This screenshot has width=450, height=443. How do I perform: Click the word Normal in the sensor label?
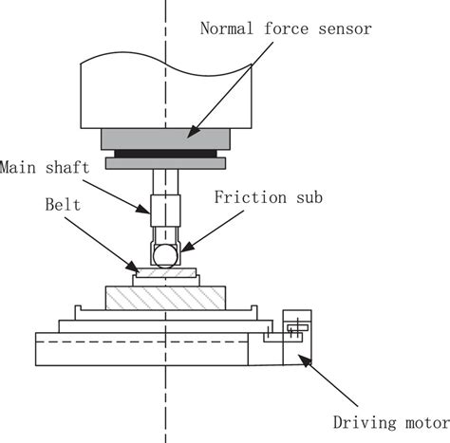tap(227, 28)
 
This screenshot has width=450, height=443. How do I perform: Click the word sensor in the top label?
tap(345, 29)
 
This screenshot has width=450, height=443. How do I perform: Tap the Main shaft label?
tap(45, 167)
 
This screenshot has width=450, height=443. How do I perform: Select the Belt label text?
tap(63, 205)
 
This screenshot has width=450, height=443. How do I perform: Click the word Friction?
tap(251, 197)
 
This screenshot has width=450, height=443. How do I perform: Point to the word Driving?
tap(365, 423)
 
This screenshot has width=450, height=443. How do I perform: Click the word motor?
tap(428, 423)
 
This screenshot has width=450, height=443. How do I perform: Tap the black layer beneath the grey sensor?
tap(165, 154)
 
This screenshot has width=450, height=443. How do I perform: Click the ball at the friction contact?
tap(165, 256)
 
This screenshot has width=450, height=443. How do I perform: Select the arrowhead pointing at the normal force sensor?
tap(193, 132)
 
